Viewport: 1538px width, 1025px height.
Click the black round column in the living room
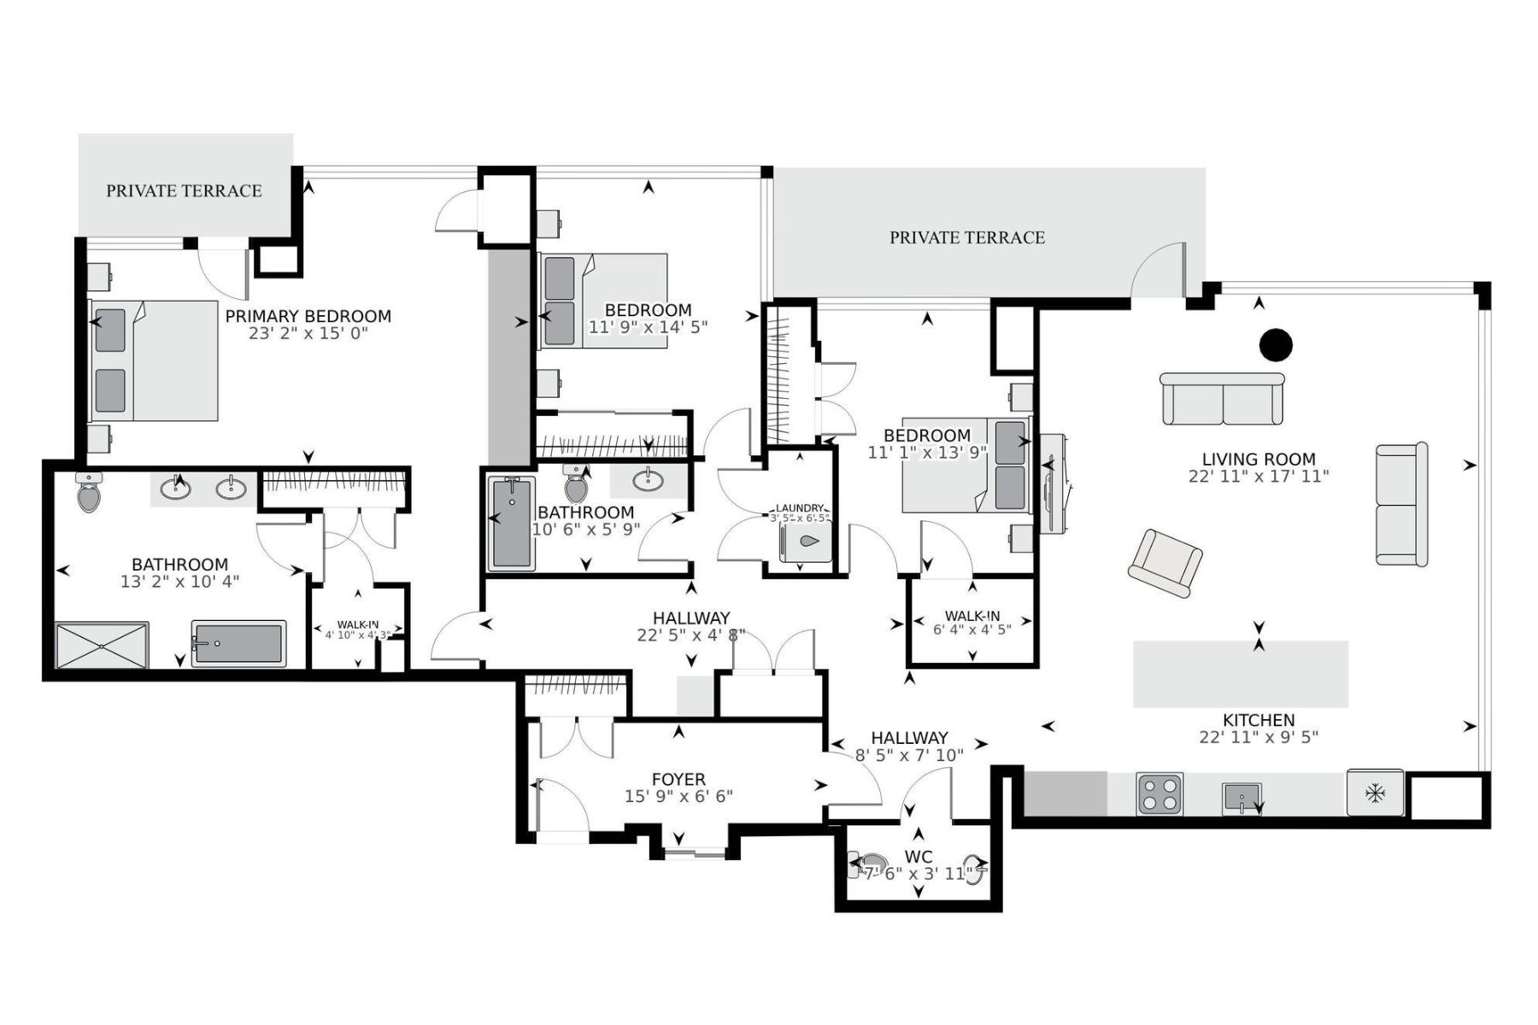coord(1276,345)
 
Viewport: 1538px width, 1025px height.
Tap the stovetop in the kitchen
coord(1159,794)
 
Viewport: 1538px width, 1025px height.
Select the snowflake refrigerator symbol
coord(1375,794)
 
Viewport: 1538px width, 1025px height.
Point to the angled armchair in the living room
coord(1165,563)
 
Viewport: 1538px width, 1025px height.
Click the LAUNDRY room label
coord(800,508)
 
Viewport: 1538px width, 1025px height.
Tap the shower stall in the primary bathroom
coord(102,645)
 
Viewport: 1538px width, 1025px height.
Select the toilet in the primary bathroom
coord(89,493)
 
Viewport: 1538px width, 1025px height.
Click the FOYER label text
coord(678,779)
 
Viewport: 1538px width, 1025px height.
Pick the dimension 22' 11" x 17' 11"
coord(1258,477)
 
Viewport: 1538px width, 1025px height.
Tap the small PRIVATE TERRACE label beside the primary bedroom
coord(184,190)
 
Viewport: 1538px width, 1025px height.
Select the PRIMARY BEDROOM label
coord(308,316)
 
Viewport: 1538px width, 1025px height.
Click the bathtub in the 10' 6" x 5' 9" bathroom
coord(512,524)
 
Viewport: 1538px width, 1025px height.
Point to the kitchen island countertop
coord(1240,674)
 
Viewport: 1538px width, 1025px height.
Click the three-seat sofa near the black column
coord(1222,399)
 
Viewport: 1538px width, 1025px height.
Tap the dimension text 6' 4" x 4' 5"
coord(972,630)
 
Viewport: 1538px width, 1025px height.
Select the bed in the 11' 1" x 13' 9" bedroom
coord(966,466)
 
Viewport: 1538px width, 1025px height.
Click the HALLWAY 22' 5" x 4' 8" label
coord(691,618)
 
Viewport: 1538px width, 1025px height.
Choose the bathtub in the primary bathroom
coord(238,643)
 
